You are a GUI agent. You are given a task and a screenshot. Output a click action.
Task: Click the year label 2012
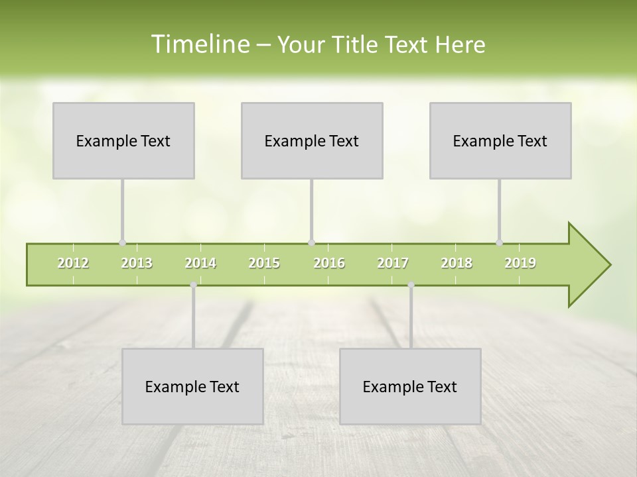pos(73,263)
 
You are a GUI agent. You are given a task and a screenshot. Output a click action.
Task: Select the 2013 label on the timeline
pos(137,263)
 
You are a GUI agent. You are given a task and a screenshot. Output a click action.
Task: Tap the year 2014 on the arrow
pos(200,263)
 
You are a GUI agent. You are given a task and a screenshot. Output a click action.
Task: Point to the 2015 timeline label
pos(264,263)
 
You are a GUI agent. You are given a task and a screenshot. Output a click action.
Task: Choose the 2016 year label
pos(329,263)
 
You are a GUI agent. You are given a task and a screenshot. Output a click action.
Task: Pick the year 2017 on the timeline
pos(393,263)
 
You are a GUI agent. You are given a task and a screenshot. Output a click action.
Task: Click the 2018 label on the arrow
pos(457,263)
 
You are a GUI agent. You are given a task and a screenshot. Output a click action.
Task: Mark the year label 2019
pos(520,263)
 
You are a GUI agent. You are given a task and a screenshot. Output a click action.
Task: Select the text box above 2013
pos(123,140)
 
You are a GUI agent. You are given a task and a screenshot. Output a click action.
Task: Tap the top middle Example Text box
pos(312,140)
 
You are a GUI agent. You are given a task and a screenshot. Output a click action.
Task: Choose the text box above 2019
pos(500,140)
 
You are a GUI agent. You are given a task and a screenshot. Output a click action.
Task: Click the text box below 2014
pos(192,386)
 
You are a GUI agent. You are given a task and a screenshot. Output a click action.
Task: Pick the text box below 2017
pos(410,386)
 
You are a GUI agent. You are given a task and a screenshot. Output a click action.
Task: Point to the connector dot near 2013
pos(122,242)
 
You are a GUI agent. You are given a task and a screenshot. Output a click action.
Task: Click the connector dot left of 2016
pos(311,242)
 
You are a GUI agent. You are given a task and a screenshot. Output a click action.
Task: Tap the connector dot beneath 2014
pos(193,285)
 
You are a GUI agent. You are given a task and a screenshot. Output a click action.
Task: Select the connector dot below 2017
pos(411,285)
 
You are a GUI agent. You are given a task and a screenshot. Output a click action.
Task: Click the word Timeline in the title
pos(200,44)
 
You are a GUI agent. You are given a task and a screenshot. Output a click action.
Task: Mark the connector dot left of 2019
pos(499,242)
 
